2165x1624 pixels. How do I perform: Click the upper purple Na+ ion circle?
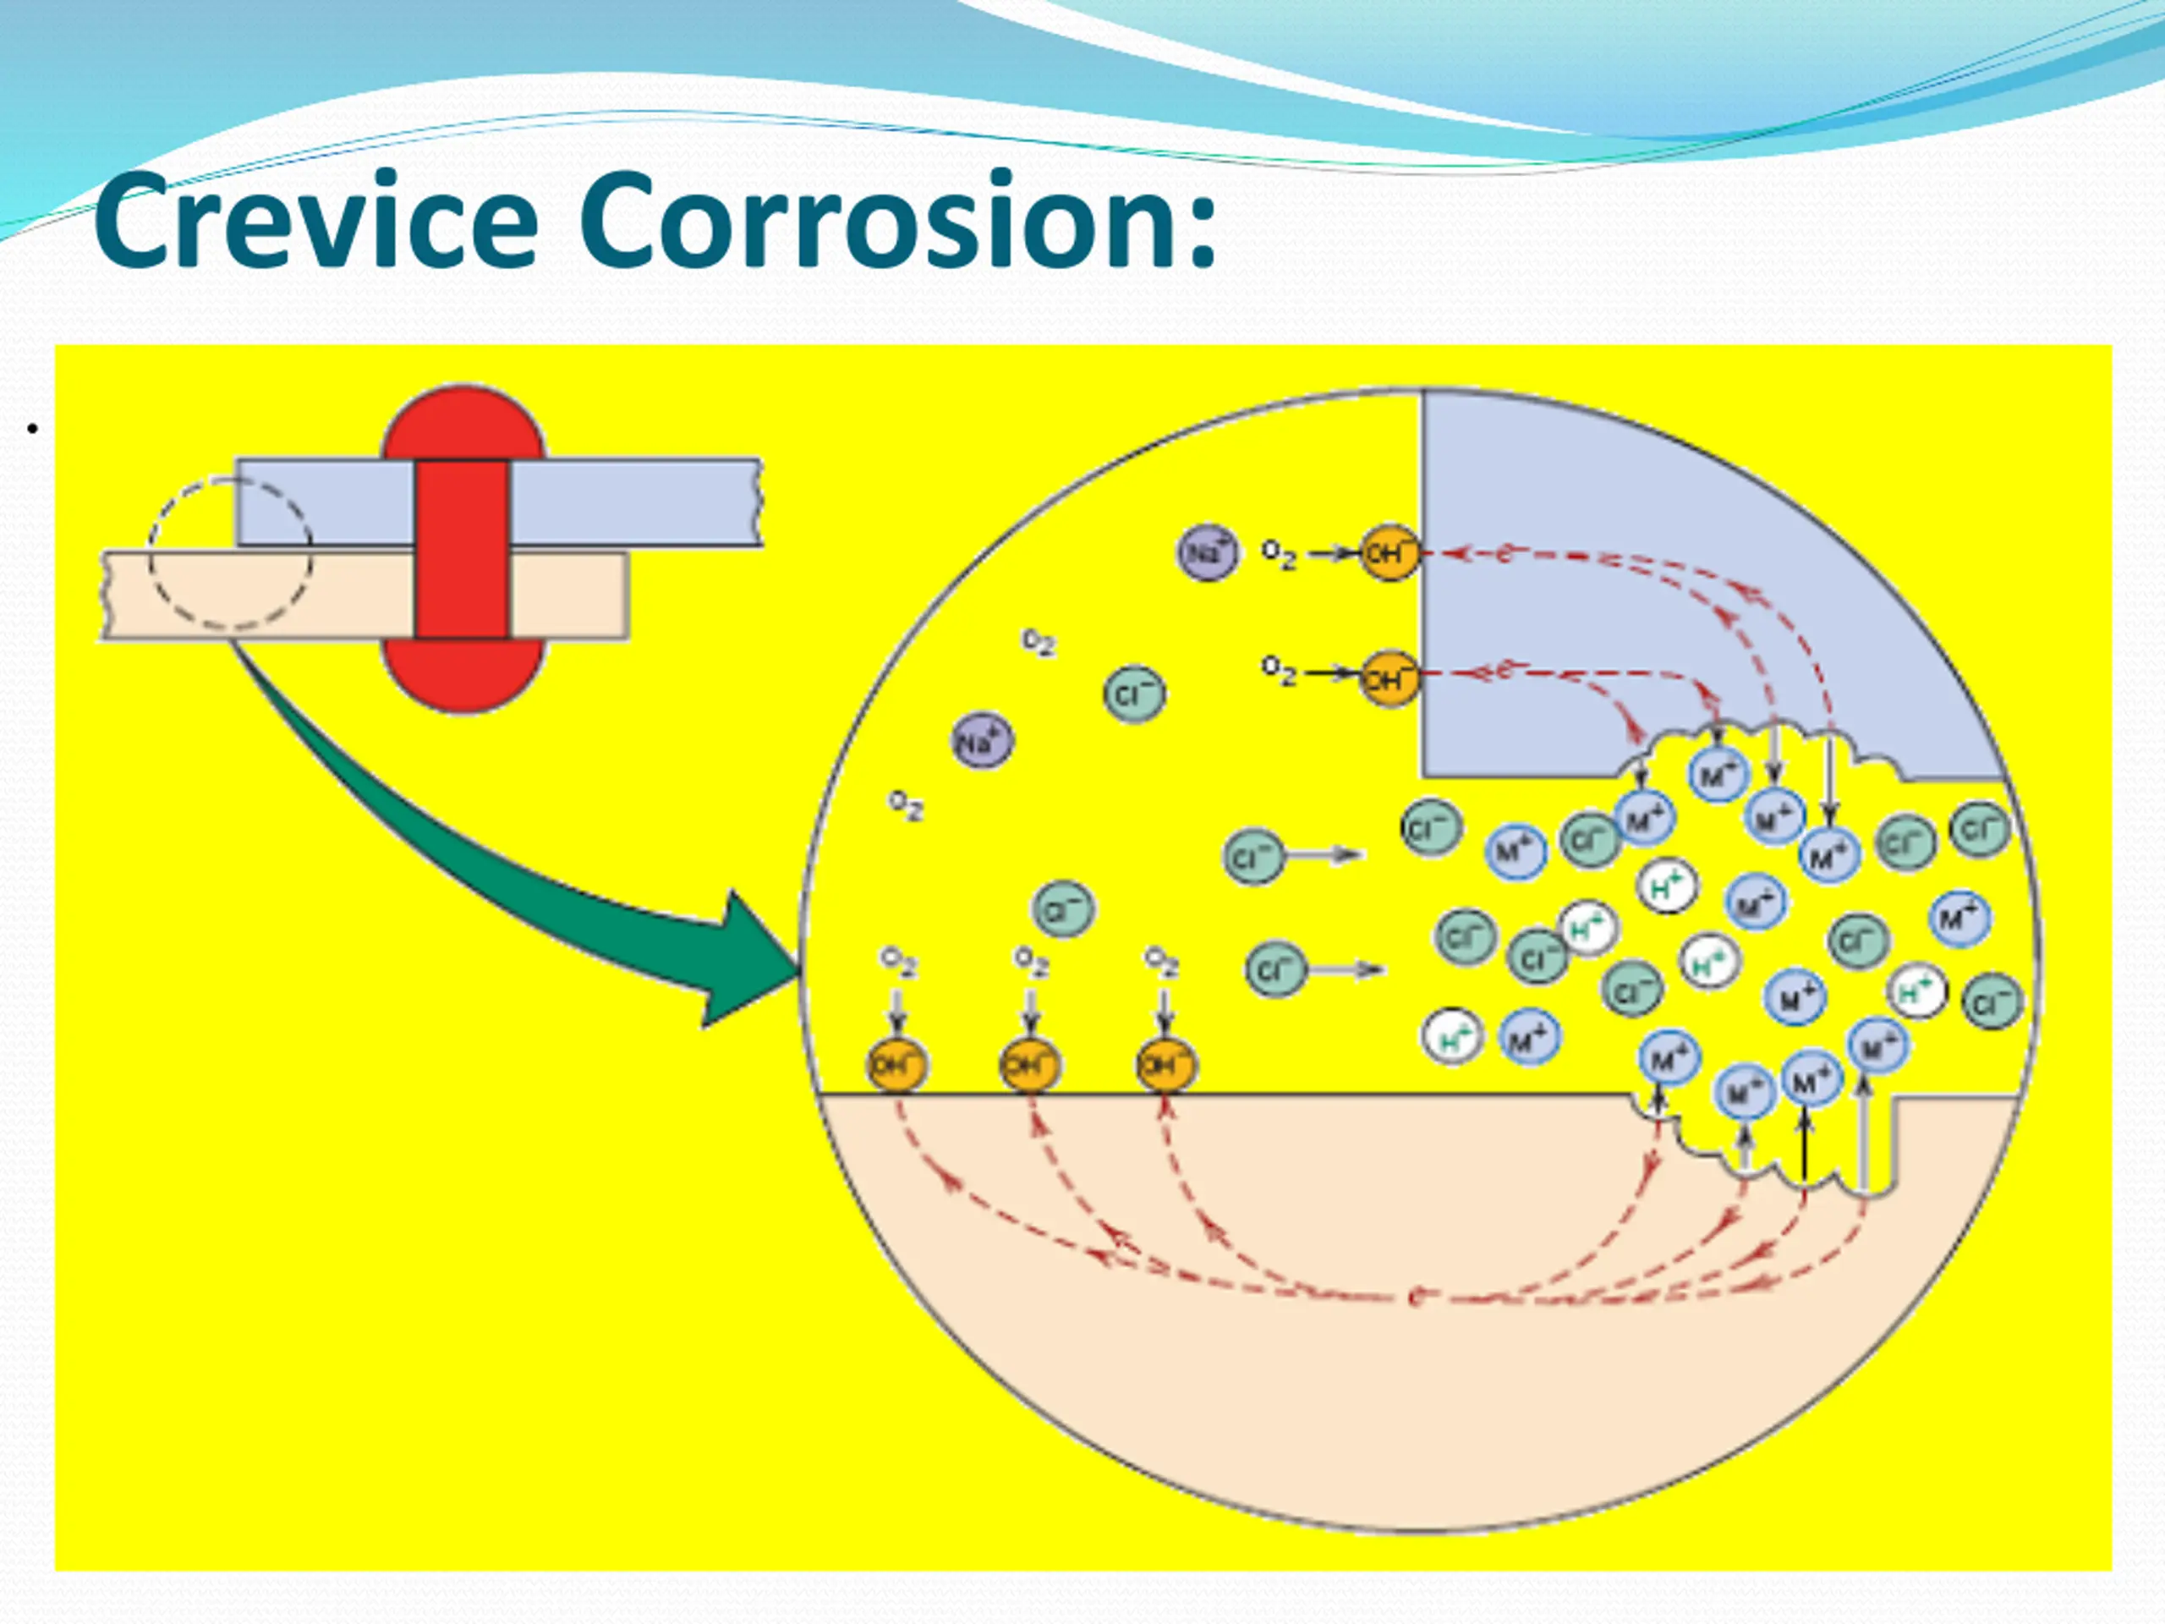tap(1207, 553)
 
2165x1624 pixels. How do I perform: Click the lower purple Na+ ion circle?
tap(982, 742)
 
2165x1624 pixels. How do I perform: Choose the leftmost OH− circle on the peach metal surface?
tap(896, 1064)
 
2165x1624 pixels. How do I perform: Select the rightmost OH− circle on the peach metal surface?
tap(1165, 1064)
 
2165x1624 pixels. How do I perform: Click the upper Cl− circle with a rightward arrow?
tap(1252, 857)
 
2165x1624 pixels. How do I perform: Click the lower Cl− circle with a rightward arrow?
tap(1275, 969)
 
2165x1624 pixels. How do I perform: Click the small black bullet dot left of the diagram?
tap(32, 429)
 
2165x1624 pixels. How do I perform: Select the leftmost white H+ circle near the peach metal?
tap(1452, 1038)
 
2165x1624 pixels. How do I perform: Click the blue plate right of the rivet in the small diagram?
tap(634, 502)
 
